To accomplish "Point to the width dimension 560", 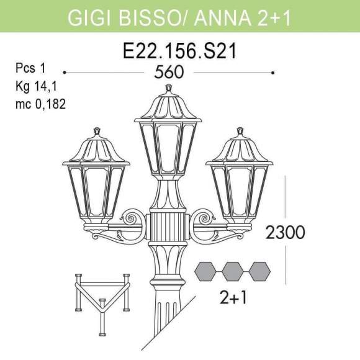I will point(169,73).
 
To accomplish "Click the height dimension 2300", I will point(285,233).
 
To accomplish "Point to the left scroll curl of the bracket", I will point(132,218).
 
